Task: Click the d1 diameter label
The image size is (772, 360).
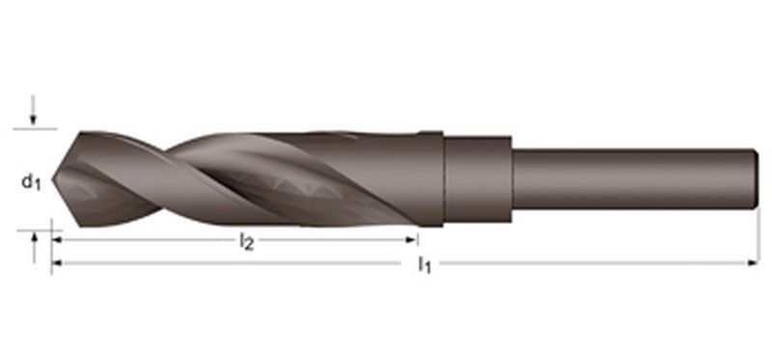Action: point(31,182)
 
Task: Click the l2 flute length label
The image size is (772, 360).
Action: point(246,242)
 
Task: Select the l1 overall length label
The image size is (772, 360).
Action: point(424,265)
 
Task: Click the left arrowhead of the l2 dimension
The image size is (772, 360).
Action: point(57,239)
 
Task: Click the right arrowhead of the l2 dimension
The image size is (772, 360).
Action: point(412,239)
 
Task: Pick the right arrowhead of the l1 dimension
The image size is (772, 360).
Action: point(753,263)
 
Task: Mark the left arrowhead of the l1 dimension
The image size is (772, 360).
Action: point(57,263)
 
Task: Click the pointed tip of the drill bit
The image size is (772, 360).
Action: point(53,180)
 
